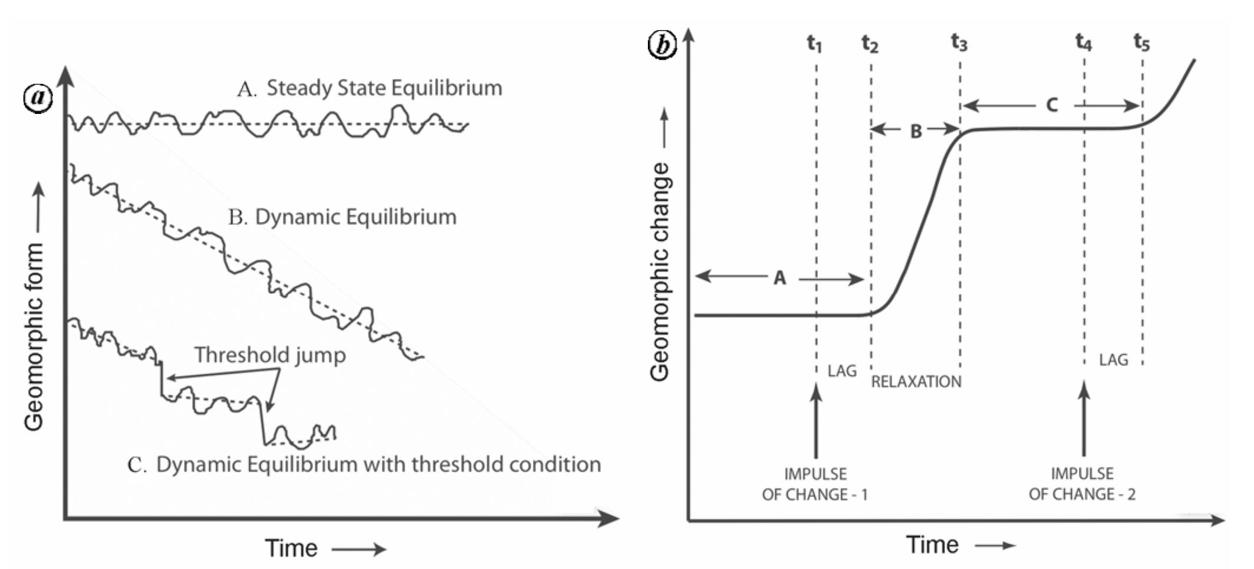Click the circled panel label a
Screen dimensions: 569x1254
pyautogui.click(x=38, y=97)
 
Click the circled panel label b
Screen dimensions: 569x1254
pyautogui.click(x=662, y=44)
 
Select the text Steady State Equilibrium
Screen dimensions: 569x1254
pyautogui.click(x=384, y=88)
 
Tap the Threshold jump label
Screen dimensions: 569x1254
pyautogui.click(x=270, y=355)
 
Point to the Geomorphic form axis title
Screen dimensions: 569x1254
pyautogui.click(x=34, y=336)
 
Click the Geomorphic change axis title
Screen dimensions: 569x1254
pyautogui.click(x=660, y=272)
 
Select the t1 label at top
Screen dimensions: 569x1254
pyautogui.click(x=814, y=43)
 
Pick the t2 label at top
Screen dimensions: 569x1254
pyautogui.click(x=870, y=43)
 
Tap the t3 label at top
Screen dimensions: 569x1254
pyautogui.click(x=959, y=42)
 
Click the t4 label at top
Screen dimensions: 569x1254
pyautogui.click(x=1083, y=42)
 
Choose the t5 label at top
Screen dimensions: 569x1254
pyautogui.click(x=1141, y=42)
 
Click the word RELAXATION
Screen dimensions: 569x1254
pyautogui.click(x=916, y=382)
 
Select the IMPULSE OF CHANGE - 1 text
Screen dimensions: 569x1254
pyautogui.click(x=815, y=484)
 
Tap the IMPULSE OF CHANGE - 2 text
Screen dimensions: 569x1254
pyautogui.click(x=1082, y=484)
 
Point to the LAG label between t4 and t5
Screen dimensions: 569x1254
pyautogui.click(x=1113, y=359)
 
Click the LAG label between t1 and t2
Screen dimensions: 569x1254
pyautogui.click(x=842, y=371)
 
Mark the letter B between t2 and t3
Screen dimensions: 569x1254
pyautogui.click(x=916, y=131)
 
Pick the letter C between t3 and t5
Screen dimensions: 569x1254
pyautogui.click(x=1051, y=105)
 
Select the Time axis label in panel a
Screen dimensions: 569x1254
pyautogui.click(x=291, y=548)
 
